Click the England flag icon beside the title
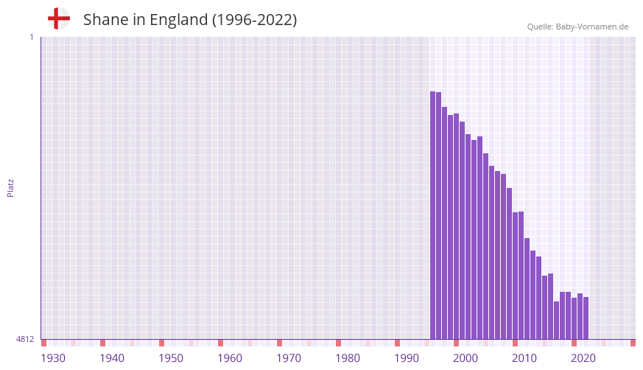pos(58,19)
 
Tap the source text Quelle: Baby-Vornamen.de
pos(577,27)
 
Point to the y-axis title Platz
pos(10,187)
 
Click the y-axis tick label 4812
pos(25,339)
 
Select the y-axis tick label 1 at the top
pos(31,37)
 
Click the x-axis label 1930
pos(53,358)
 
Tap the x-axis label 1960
pos(230,358)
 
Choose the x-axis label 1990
pos(407,358)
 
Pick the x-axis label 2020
pos(583,358)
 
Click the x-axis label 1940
pos(112,358)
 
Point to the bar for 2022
pos(586,318)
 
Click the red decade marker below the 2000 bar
pos(457,343)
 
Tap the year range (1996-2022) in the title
pos(254,20)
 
